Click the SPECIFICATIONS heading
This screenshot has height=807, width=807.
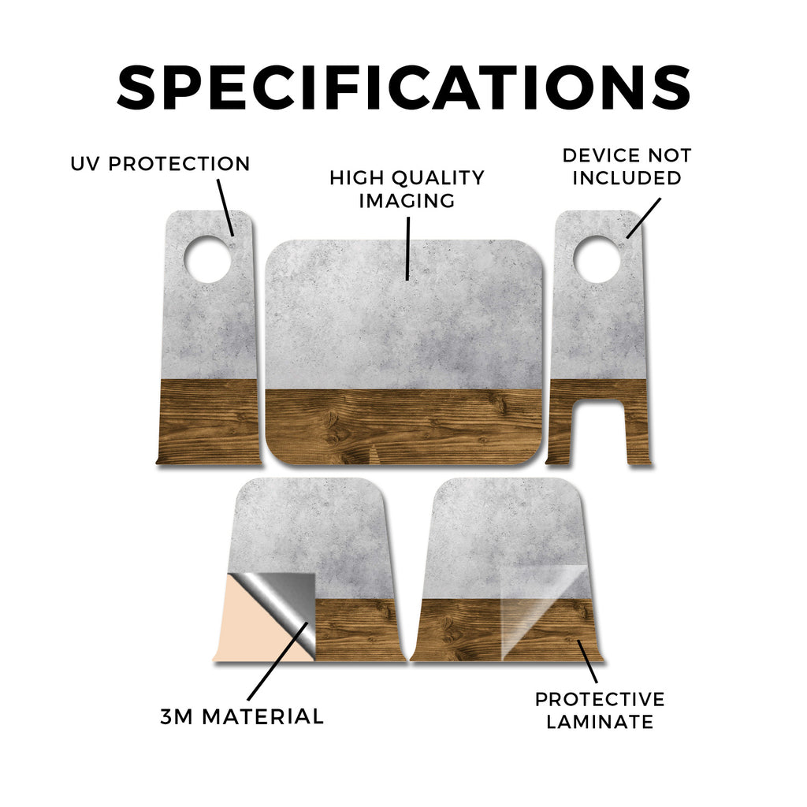pyautogui.click(x=403, y=87)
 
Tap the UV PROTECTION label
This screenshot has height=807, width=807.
pyautogui.click(x=160, y=164)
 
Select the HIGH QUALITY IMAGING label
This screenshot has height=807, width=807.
pyautogui.click(x=407, y=189)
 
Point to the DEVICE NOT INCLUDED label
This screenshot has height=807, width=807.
pyautogui.click(x=627, y=166)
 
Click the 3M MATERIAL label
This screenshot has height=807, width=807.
pyautogui.click(x=242, y=716)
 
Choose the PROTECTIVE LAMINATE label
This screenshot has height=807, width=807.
pyautogui.click(x=600, y=710)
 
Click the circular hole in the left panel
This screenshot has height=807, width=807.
pyautogui.click(x=207, y=258)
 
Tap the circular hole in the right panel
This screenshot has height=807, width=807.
pyautogui.click(x=597, y=258)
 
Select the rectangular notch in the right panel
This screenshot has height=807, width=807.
pyautogui.click(x=599, y=431)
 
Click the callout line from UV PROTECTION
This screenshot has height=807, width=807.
pyautogui.click(x=225, y=207)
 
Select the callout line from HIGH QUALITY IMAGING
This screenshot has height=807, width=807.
pyautogui.click(x=407, y=248)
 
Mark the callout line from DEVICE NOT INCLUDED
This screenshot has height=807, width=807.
pyautogui.click(x=643, y=218)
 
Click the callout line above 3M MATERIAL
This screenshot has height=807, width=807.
pyautogui.click(x=278, y=661)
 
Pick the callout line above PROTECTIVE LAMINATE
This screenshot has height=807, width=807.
pyautogui.click(x=587, y=661)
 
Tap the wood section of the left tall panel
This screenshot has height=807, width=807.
pyautogui.click(x=209, y=422)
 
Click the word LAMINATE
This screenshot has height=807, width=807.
pyautogui.click(x=600, y=722)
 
